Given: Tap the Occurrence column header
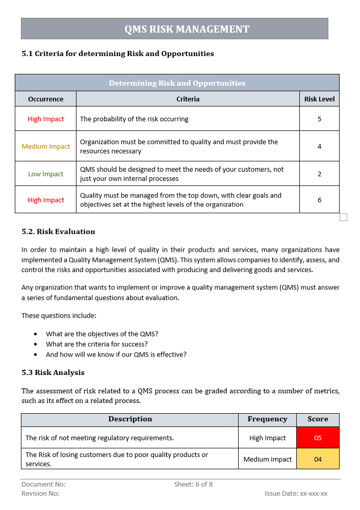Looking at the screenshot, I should coord(46,99).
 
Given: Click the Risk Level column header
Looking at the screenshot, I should coord(319,99).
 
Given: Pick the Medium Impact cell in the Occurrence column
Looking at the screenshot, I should coord(46,146).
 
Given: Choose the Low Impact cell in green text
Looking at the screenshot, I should coord(46,174).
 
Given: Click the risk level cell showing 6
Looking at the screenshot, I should coord(319,200).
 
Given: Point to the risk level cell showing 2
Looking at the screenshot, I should coord(319,174).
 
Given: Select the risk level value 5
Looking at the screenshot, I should coord(319,119).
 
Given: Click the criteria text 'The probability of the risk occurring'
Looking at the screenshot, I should coord(134,119).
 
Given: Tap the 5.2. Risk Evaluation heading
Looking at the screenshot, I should coord(58,231).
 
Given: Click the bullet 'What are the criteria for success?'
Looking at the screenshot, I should coord(97,344).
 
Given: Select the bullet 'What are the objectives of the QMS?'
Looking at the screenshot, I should coord(102,334).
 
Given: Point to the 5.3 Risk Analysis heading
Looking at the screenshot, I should coord(53,372).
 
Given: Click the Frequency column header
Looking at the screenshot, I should coord(267,419).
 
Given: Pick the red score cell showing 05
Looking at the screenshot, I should coord(318,438).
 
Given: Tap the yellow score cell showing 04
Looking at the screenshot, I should coord(318,459).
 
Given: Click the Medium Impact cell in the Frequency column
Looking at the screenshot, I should coord(267,459).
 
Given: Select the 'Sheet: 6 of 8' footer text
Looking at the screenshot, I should coord(193,484).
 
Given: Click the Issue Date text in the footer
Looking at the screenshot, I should coord(296,493).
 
